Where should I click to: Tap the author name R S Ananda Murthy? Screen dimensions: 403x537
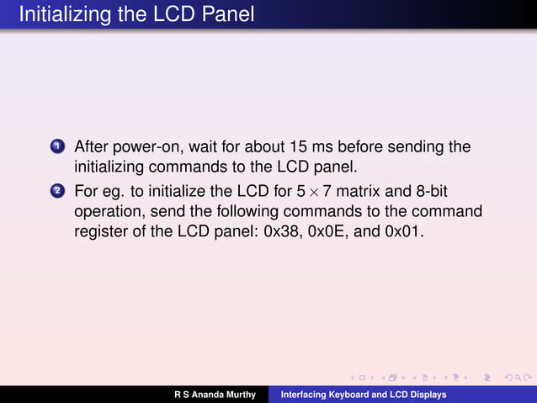coord(215,395)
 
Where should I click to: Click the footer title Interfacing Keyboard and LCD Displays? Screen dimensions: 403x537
coord(363,395)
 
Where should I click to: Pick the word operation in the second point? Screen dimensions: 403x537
coord(108,209)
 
